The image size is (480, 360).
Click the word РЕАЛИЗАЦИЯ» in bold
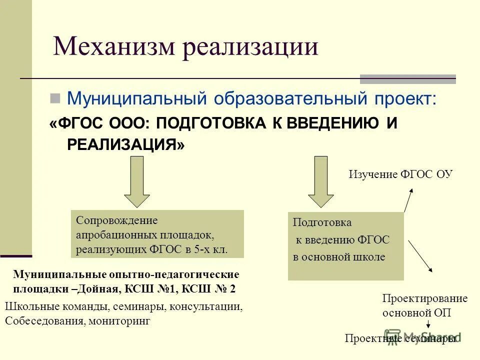click(x=125, y=144)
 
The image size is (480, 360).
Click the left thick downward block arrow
click(x=136, y=181)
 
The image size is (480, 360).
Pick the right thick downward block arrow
click(x=320, y=181)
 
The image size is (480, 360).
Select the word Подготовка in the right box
click(x=322, y=222)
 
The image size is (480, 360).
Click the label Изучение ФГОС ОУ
click(x=400, y=174)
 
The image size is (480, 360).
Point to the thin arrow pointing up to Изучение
click(x=409, y=200)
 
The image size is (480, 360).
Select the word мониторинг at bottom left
click(x=120, y=321)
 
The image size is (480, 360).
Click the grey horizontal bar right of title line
click(x=408, y=79)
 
